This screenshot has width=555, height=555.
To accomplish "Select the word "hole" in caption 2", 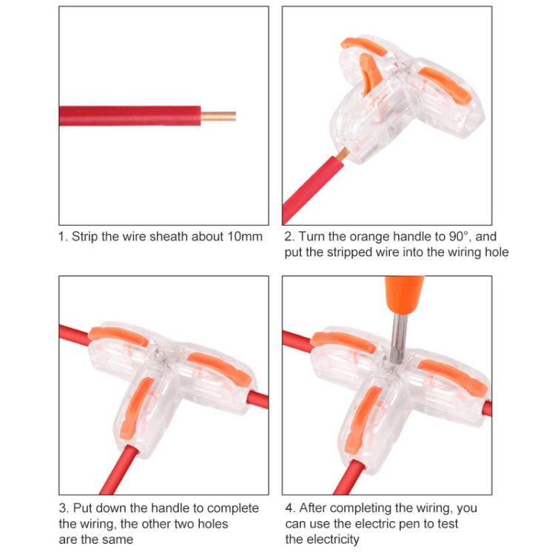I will (494, 252).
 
